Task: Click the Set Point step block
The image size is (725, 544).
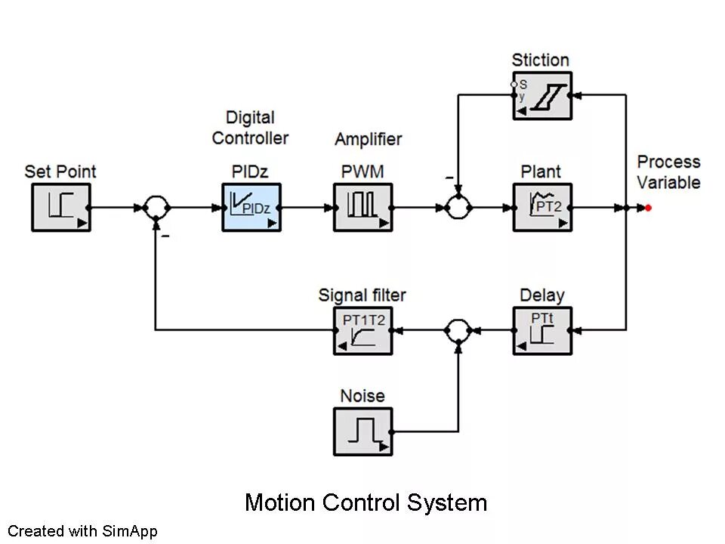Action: pos(61,207)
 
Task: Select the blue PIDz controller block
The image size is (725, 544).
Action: pos(251,207)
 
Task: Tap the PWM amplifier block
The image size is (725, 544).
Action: pos(362,207)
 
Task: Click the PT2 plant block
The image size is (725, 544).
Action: pos(542,207)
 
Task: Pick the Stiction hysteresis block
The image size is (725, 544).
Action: pos(542,96)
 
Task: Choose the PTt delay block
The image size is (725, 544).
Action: pos(542,330)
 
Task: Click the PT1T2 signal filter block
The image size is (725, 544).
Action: pos(362,330)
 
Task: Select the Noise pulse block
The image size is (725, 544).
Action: pos(362,431)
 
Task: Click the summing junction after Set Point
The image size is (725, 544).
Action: pos(156,207)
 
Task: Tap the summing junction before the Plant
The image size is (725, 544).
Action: pos(458,207)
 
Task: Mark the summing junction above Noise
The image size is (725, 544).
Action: pos(458,330)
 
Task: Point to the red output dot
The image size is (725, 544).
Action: pos(648,208)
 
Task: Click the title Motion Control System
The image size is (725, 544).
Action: pos(366,502)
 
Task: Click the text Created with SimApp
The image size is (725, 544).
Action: pos(82,531)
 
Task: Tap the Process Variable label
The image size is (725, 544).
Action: pos(668,172)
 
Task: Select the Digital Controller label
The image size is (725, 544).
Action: pos(250,128)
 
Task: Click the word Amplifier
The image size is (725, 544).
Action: pos(368,139)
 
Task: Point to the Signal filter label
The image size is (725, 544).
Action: pos(362,295)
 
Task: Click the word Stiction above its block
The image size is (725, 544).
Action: pos(540,60)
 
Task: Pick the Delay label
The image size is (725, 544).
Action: pos(541,295)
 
